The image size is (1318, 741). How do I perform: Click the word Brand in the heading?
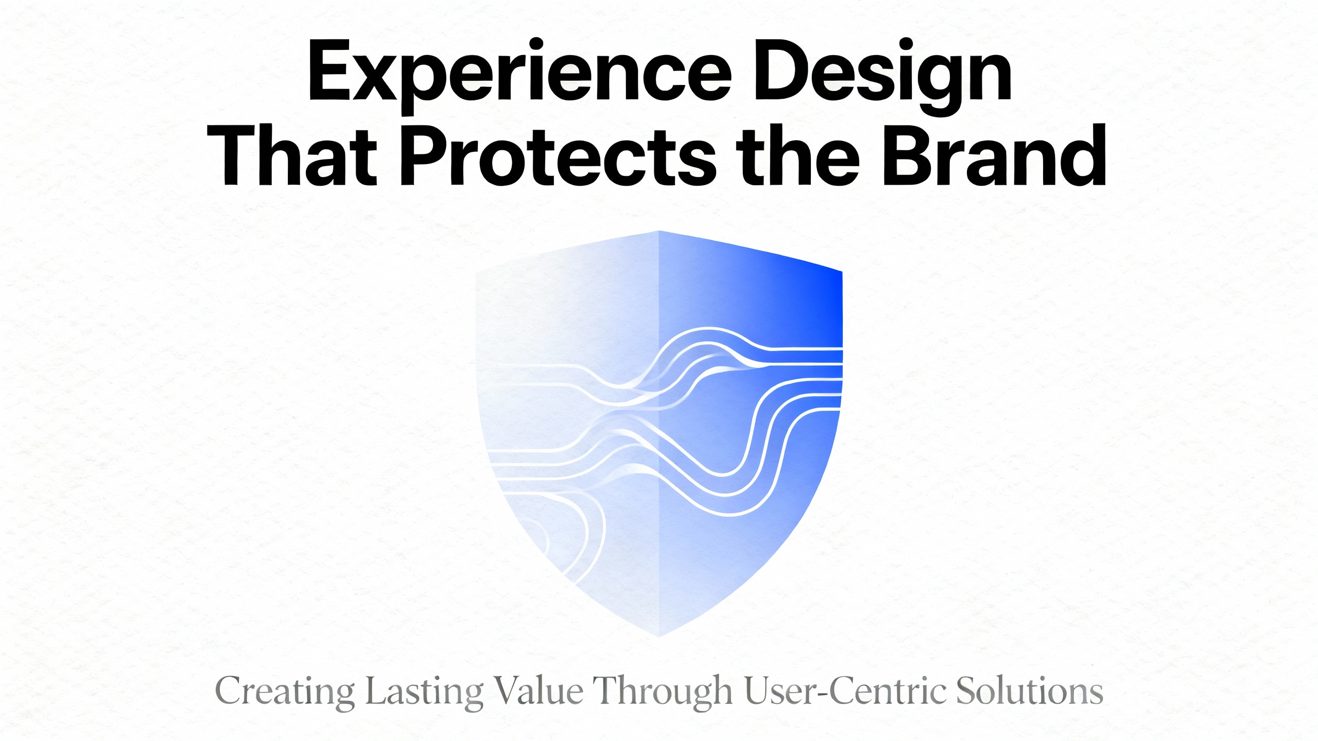point(994,155)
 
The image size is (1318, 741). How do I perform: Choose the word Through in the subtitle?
point(663,691)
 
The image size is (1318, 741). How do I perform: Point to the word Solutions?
point(1030,691)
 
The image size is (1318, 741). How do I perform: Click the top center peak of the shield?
point(659,232)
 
